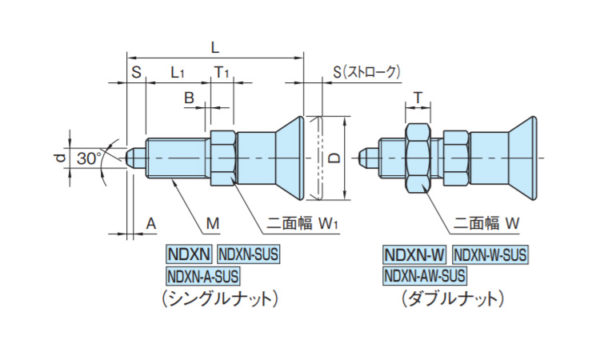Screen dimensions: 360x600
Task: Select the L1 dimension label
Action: point(178,73)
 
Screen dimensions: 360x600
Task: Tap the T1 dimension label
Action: point(222,73)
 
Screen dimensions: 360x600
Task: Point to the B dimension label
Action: point(190,98)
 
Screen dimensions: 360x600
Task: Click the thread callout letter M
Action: point(212,222)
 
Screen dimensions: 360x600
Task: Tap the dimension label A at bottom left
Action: point(150,223)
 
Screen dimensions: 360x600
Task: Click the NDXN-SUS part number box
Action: point(249,255)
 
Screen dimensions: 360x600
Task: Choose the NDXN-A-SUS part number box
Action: point(203,276)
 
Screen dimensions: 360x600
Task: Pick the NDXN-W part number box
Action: point(414,255)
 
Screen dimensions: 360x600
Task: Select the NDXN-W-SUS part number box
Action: point(490,255)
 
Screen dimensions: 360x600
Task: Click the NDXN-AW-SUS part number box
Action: point(424,276)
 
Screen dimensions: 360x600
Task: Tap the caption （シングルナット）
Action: point(218,299)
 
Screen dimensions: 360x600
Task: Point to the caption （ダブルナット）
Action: point(454,299)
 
